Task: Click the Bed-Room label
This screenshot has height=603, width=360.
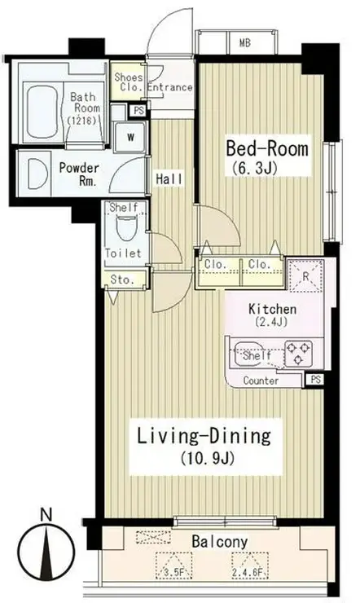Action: click(267, 148)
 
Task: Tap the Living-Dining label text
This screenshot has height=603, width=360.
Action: click(204, 437)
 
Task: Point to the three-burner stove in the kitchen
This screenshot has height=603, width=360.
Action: click(298, 353)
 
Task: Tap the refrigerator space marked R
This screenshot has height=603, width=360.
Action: click(305, 275)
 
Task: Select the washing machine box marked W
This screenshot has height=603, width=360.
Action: click(130, 137)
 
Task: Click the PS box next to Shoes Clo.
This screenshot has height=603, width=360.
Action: click(138, 111)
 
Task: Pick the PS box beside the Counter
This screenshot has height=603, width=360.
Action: click(315, 380)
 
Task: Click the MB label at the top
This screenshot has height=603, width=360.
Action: click(245, 42)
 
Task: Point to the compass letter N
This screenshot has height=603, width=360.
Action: click(46, 515)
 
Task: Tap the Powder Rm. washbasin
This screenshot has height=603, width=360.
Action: click(37, 174)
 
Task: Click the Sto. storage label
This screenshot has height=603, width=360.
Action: click(122, 280)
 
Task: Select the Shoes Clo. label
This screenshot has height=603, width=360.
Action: click(129, 82)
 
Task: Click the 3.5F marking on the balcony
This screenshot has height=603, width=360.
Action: click(173, 574)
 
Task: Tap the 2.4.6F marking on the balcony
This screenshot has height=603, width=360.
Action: click(250, 574)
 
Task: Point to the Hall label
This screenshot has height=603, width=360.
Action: click(169, 178)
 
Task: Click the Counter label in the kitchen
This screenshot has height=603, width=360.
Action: click(261, 381)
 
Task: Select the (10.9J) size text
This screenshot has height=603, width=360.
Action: click(207, 459)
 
